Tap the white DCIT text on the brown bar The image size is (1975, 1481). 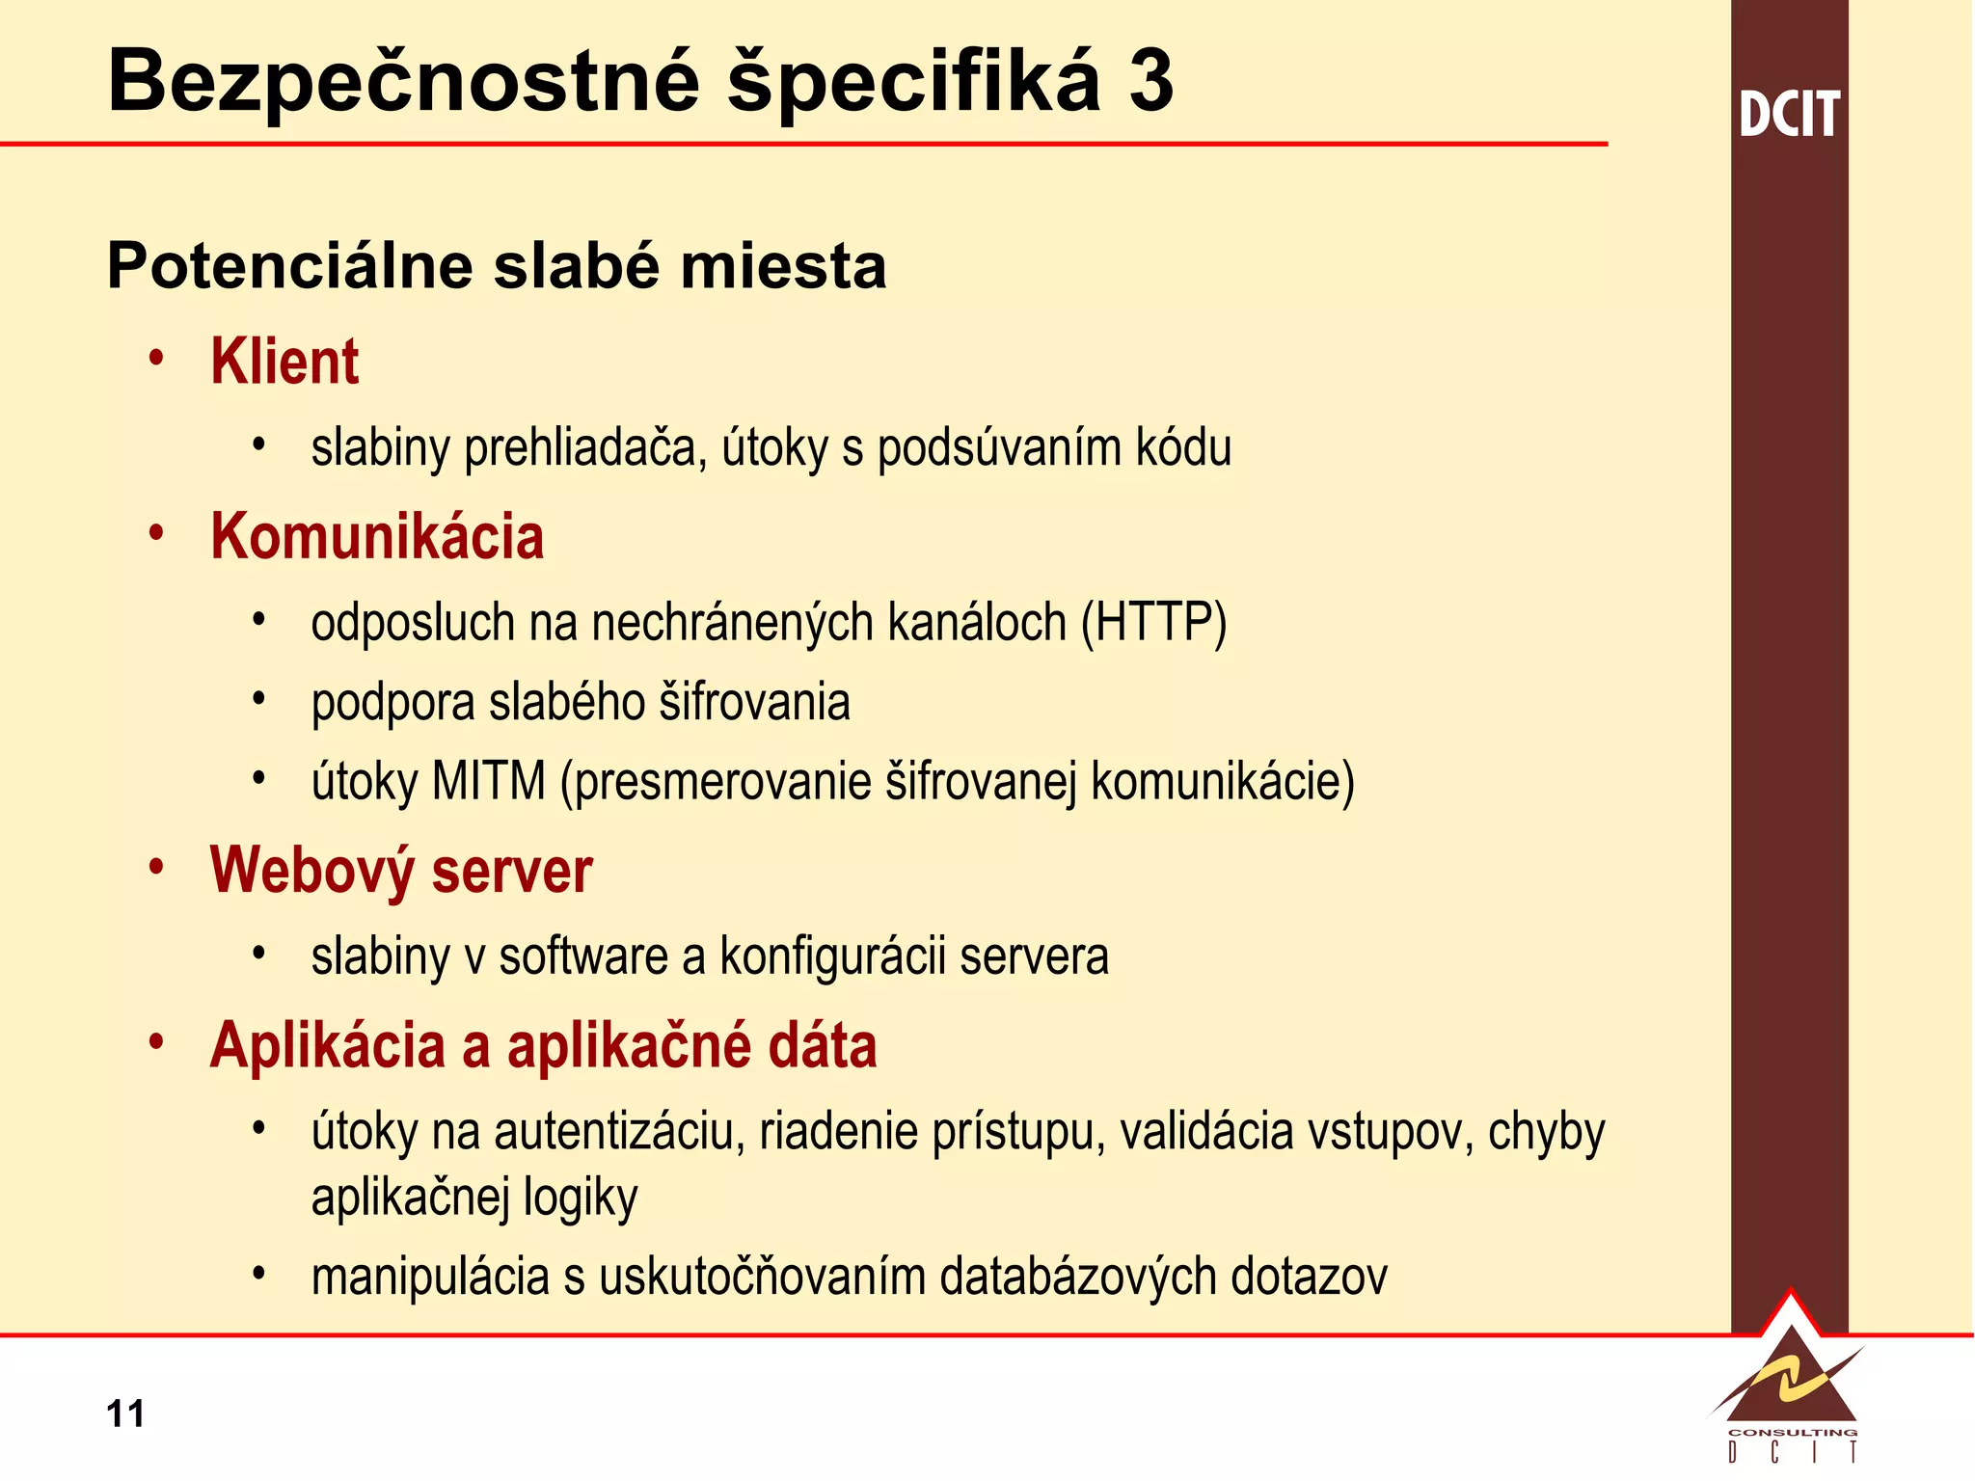click(1790, 115)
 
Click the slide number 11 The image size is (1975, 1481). click(125, 1414)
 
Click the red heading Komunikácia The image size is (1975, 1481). click(377, 536)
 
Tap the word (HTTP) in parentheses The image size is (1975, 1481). click(1153, 623)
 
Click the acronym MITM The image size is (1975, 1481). click(489, 781)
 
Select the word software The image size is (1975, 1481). click(582, 956)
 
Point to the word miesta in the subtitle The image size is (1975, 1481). click(783, 266)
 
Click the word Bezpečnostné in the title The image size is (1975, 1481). click(404, 81)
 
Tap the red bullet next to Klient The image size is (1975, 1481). click(157, 358)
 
